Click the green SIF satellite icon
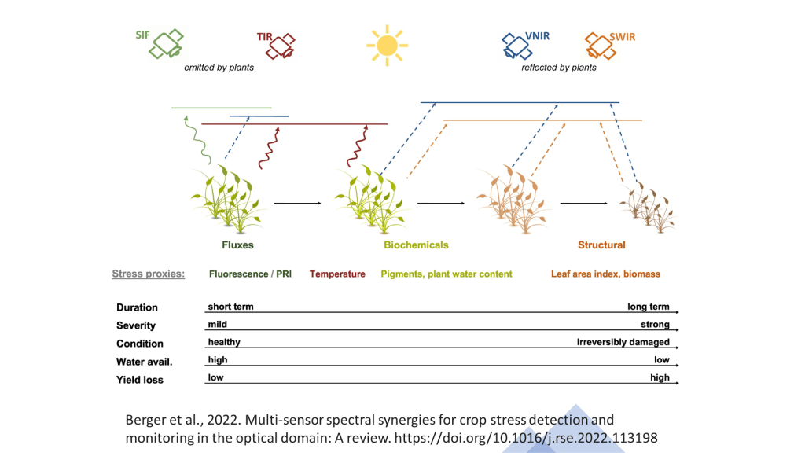click(x=167, y=44)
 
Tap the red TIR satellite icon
click(x=281, y=46)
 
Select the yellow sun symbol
click(x=387, y=46)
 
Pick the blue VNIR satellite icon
click(x=516, y=46)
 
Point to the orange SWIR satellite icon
click(x=600, y=46)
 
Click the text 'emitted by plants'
click(x=219, y=68)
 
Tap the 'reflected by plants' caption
click(x=559, y=68)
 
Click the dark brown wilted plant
click(x=648, y=208)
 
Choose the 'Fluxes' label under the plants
click(x=237, y=245)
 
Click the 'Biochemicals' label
click(x=416, y=245)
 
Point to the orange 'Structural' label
click(x=601, y=245)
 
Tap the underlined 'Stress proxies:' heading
click(x=149, y=274)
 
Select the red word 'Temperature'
click(x=337, y=274)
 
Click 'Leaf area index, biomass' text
click(x=606, y=274)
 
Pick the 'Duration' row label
click(x=137, y=307)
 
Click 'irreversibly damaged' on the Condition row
click(x=623, y=342)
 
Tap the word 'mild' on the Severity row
click(x=217, y=324)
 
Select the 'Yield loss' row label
click(x=140, y=380)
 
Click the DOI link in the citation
click(x=526, y=438)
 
